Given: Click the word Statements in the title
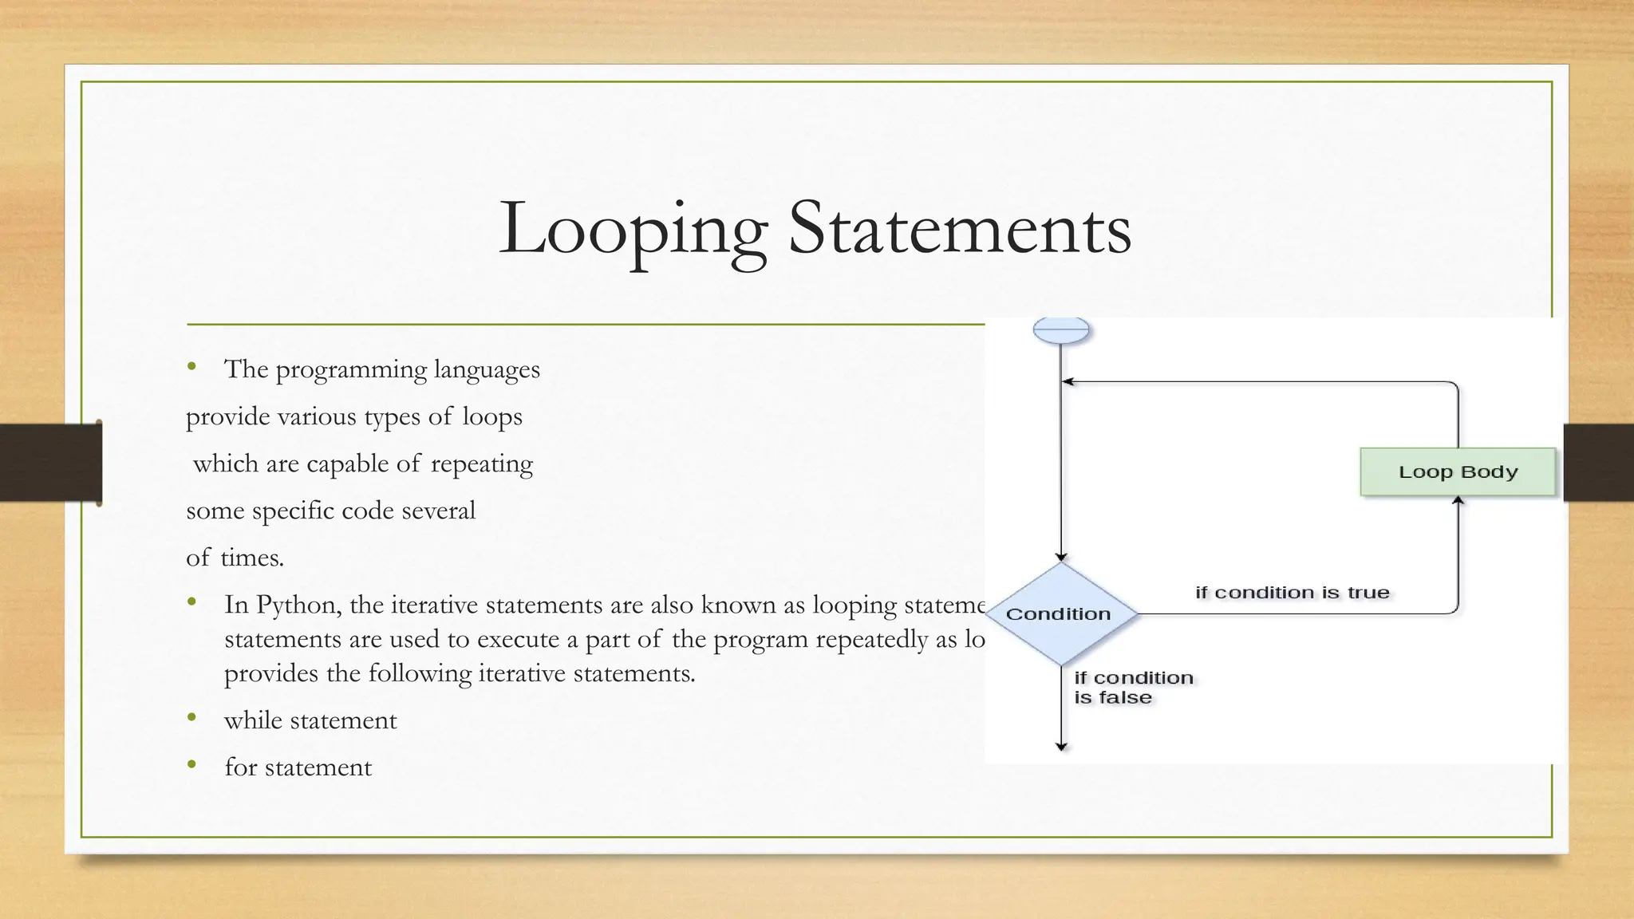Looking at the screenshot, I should [959, 230].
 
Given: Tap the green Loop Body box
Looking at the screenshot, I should [1458, 471].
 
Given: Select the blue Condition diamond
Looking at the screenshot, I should [1060, 613].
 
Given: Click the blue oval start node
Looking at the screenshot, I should [1061, 329].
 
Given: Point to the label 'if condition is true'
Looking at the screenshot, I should [1292, 593].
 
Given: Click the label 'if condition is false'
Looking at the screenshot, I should [1133, 687].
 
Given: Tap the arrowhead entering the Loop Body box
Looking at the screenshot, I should [1458, 501].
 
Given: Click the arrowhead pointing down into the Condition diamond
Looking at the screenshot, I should [1061, 558].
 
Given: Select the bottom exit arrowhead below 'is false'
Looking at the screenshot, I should [1061, 747].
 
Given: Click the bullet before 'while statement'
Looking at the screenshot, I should [191, 718].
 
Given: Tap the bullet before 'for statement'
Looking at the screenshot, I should [191, 765].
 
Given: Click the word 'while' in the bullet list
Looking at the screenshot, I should [253, 720].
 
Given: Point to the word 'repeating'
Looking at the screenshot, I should [482, 464].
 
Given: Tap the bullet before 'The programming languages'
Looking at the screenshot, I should [191, 367].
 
